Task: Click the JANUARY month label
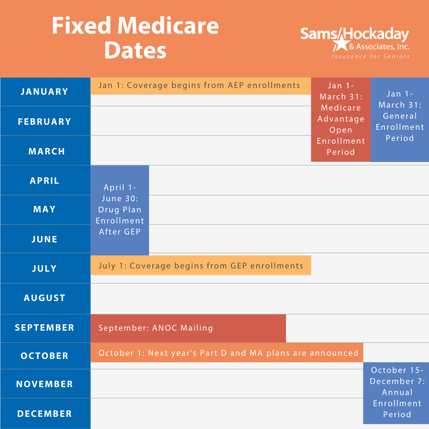pyautogui.click(x=44, y=92)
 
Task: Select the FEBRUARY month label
pyautogui.click(x=44, y=122)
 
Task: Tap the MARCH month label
pyautogui.click(x=46, y=151)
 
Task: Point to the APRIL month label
pyautogui.click(x=44, y=181)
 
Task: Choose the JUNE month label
pyautogui.click(x=44, y=239)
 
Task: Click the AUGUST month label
pyautogui.click(x=44, y=298)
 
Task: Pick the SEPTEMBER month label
pyautogui.click(x=44, y=327)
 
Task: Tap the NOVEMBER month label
pyautogui.click(x=44, y=384)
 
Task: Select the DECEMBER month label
pyautogui.click(x=44, y=414)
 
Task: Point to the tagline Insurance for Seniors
pyautogui.click(x=370, y=56)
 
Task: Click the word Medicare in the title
pyautogui.click(x=168, y=26)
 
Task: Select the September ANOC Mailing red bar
pyautogui.click(x=188, y=328)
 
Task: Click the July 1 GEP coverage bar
pyautogui.click(x=201, y=266)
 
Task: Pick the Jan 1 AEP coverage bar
pyautogui.click(x=200, y=86)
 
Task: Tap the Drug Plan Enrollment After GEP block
pyautogui.click(x=120, y=210)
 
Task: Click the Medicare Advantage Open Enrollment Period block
pyautogui.click(x=341, y=119)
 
